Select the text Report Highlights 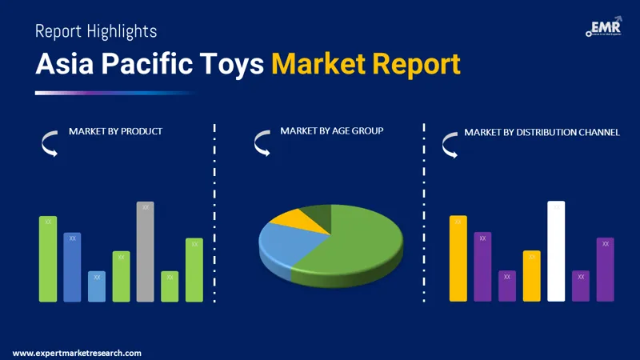96,31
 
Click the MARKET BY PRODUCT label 115,131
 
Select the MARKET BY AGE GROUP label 332,130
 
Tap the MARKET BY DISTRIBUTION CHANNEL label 542,131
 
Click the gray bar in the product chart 145,252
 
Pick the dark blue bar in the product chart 72,267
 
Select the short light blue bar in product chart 97,286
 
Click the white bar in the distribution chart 556,252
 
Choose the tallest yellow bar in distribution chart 458,258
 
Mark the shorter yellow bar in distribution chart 532,276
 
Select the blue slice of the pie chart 284,244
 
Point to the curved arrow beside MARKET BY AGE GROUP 262,143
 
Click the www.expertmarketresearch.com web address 77,353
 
